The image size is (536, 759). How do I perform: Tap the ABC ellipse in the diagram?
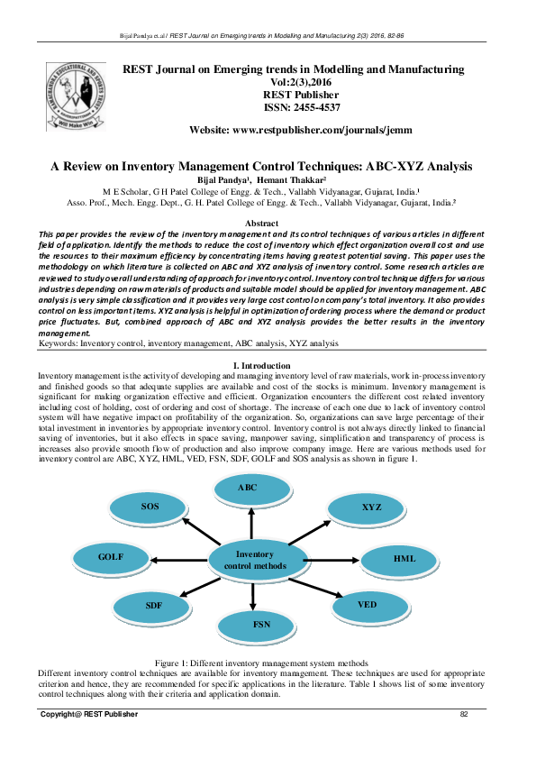point(248,489)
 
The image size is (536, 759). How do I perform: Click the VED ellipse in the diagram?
point(368,605)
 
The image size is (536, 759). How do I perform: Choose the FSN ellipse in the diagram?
point(261,625)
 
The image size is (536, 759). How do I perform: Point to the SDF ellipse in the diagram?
point(154,606)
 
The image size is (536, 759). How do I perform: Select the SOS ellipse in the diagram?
point(150,508)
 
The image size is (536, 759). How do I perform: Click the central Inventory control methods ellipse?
point(254,560)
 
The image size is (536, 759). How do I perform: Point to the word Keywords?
point(57,343)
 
